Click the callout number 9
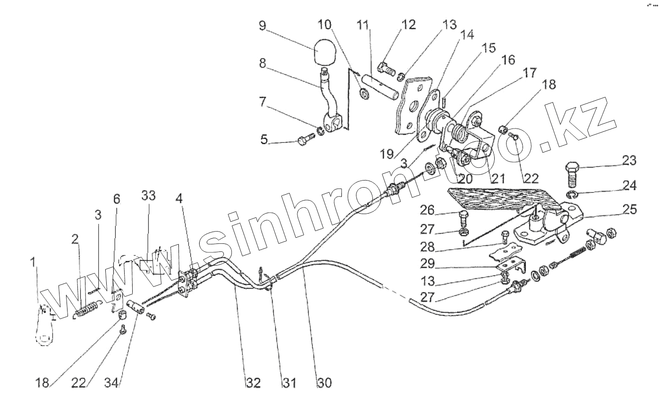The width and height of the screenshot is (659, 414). coord(263,25)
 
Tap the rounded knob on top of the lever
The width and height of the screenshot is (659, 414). coord(323,52)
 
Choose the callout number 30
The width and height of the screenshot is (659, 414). coord(324,382)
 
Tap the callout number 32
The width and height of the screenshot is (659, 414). coord(253,382)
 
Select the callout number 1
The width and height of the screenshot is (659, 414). coord(33,261)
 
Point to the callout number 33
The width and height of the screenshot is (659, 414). coord(148,195)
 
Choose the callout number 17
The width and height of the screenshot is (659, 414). coord(529,73)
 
